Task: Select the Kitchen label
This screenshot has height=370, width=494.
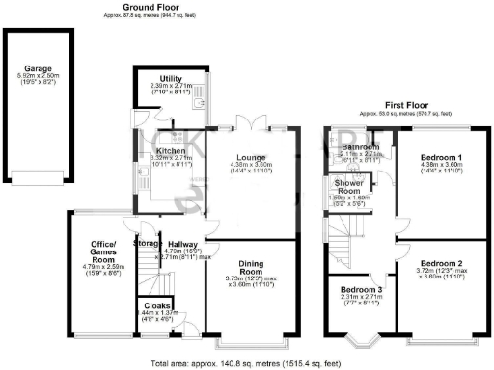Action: coord(171,151)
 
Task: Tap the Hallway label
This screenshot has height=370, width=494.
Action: coord(182,245)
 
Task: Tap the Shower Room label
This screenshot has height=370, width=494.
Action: coord(347,186)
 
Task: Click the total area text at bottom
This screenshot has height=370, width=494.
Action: coord(246,363)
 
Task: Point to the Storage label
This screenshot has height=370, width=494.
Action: coord(146,245)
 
